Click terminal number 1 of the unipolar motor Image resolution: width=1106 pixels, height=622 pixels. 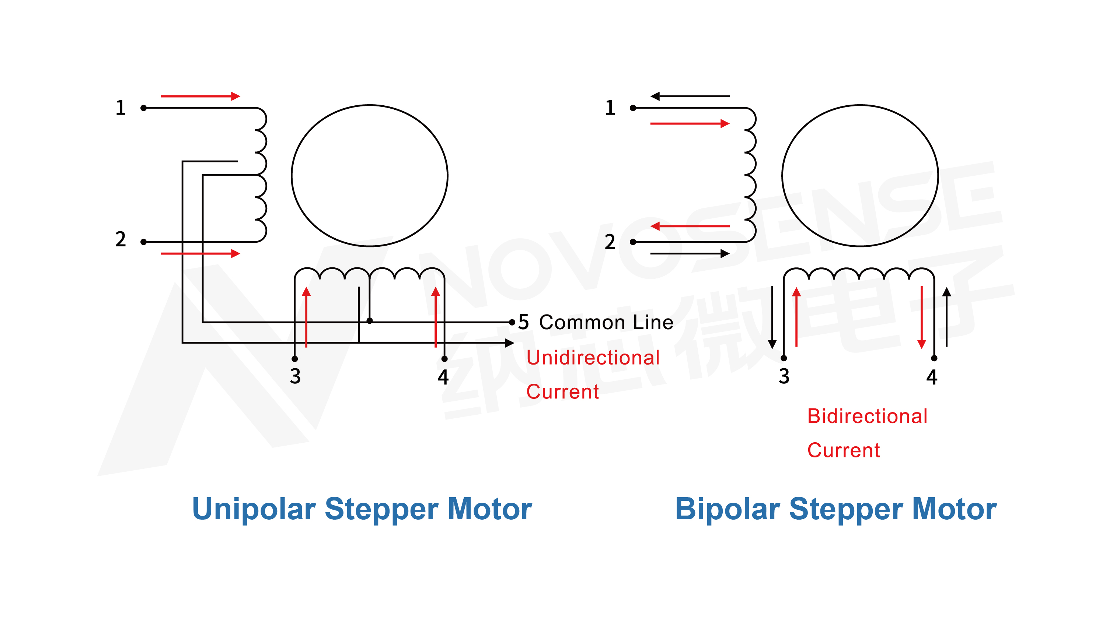tap(121, 107)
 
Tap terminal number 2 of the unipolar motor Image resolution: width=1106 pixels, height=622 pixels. tap(121, 239)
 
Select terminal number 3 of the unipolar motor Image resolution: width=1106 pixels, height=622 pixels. tap(295, 376)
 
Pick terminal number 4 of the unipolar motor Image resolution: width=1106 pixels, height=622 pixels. tap(443, 377)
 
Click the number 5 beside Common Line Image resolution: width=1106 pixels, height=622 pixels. tap(523, 322)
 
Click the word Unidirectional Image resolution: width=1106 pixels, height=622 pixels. tap(593, 358)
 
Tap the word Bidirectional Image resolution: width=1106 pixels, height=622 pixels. tap(867, 416)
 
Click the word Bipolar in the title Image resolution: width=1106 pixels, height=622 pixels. tap(727, 509)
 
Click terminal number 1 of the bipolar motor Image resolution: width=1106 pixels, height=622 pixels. tap(610, 107)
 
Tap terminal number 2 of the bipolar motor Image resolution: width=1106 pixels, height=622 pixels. tap(610, 242)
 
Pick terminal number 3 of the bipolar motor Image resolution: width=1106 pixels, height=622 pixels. tap(784, 376)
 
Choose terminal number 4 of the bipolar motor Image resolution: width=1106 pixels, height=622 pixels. tap(932, 377)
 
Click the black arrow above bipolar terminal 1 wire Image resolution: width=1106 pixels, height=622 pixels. tap(690, 96)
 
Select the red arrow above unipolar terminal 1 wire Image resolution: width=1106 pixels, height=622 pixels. tap(200, 96)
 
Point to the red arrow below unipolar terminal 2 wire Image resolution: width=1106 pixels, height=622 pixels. tap(200, 253)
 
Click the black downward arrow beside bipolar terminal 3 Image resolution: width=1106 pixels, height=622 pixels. tap(772, 317)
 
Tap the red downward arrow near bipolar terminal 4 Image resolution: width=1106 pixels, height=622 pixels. tap(921, 317)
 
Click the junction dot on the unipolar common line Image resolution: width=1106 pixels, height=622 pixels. tap(370, 321)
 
